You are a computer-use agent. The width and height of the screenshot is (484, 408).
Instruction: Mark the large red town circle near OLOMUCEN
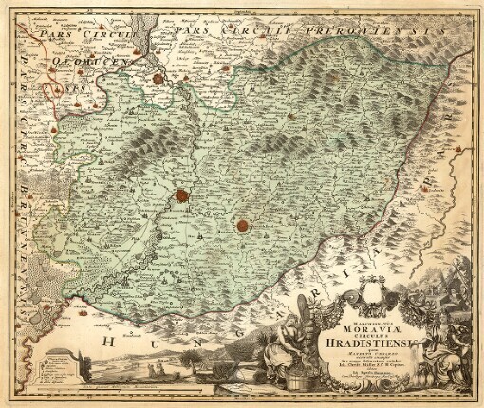[x=158, y=79]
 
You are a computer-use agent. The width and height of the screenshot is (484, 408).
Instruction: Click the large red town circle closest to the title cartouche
[x=242, y=225]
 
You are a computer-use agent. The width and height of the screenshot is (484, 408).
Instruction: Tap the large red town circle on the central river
[x=179, y=196]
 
